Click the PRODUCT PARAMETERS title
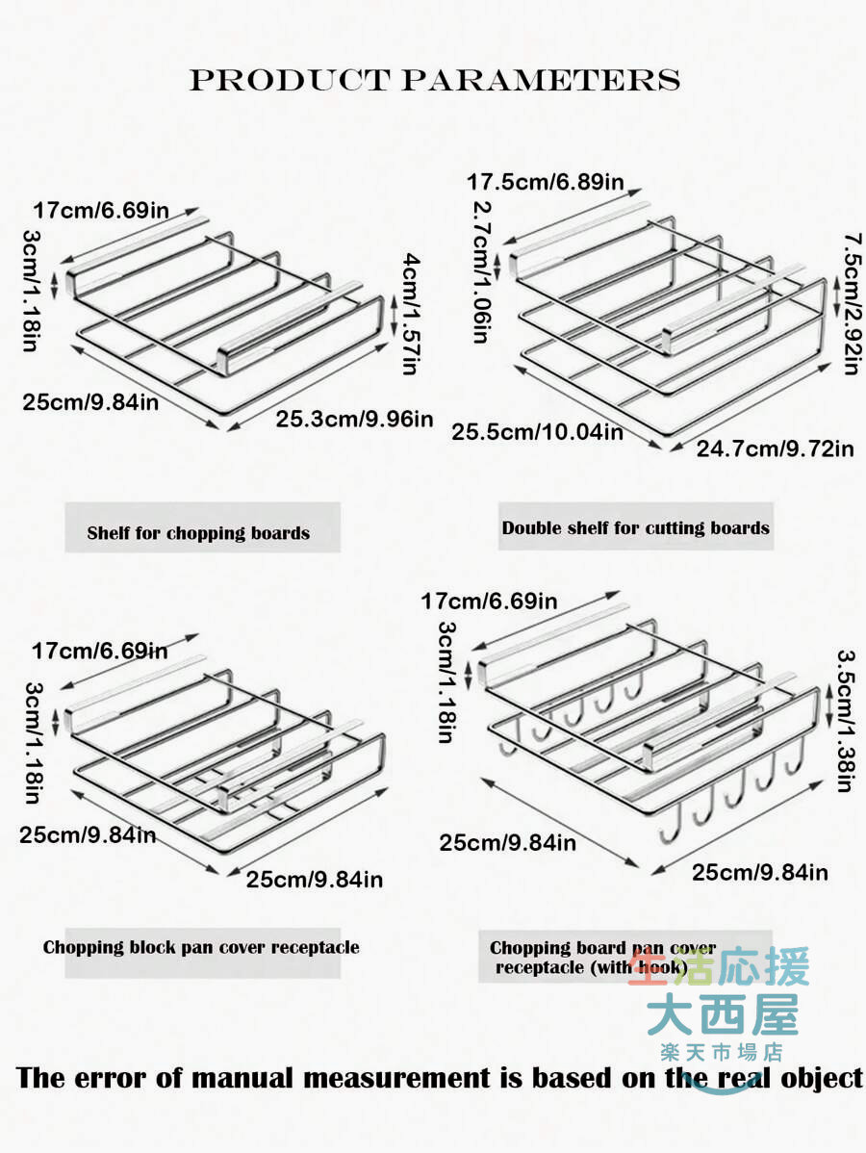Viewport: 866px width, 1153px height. coord(435,80)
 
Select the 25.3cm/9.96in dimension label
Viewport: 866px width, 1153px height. coord(354,419)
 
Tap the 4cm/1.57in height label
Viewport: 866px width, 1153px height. coord(411,314)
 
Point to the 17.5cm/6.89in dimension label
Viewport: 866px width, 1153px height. coord(546,182)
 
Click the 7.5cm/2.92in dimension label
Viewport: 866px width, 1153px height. coord(852,304)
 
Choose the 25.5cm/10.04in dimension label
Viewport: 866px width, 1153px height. coord(537,431)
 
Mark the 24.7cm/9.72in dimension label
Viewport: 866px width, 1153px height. coord(775,448)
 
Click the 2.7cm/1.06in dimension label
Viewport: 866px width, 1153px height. coord(481,272)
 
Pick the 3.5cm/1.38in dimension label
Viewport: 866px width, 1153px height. coord(846,721)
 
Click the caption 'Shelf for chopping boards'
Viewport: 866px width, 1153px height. coord(198,533)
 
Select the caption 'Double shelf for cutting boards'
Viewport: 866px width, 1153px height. coord(636,528)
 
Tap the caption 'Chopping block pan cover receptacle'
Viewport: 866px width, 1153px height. coord(201,947)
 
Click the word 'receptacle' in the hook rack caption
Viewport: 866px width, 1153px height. coord(541,967)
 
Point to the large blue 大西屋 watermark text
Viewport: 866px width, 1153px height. coord(723,1014)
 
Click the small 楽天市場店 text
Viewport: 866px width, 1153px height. coord(721,1052)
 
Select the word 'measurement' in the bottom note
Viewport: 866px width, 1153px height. coord(395,1079)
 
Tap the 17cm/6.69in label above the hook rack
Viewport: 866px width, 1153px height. coord(489,602)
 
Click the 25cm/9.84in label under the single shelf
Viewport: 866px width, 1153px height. coord(90,403)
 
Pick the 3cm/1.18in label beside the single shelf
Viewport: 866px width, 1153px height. coord(32,291)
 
